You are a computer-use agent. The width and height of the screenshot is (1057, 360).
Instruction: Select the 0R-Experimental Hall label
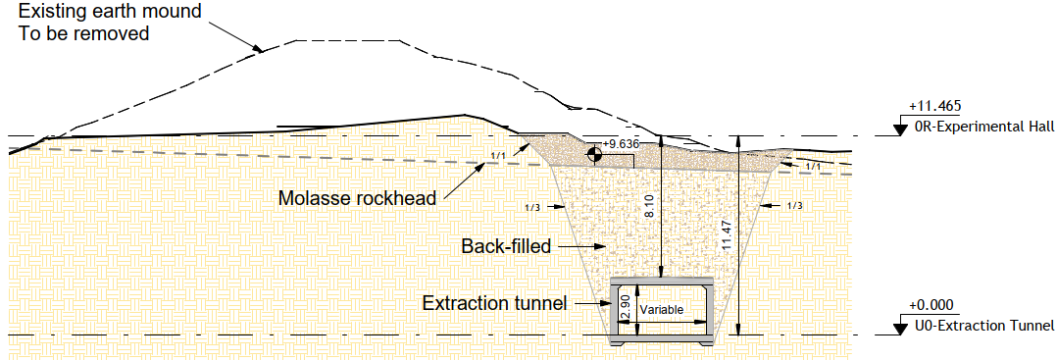[983, 128]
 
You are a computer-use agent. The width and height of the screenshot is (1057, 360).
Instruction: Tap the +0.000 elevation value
[931, 306]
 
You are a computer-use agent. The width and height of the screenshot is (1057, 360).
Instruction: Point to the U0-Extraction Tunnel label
[983, 327]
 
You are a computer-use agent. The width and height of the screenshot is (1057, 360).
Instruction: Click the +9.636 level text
[622, 144]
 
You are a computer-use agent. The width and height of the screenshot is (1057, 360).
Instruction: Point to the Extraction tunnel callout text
[494, 303]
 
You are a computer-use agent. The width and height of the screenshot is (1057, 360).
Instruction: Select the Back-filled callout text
[506, 245]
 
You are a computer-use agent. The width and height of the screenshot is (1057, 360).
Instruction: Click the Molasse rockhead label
[357, 199]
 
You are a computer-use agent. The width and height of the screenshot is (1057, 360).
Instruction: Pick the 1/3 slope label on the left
[532, 207]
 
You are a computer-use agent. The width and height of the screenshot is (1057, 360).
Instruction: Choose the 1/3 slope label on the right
[794, 206]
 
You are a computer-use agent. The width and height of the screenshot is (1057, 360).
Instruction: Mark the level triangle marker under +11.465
[900, 127]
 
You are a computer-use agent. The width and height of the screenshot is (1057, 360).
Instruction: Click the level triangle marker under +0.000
[900, 327]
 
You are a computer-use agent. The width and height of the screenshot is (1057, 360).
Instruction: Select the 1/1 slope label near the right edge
[813, 167]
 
